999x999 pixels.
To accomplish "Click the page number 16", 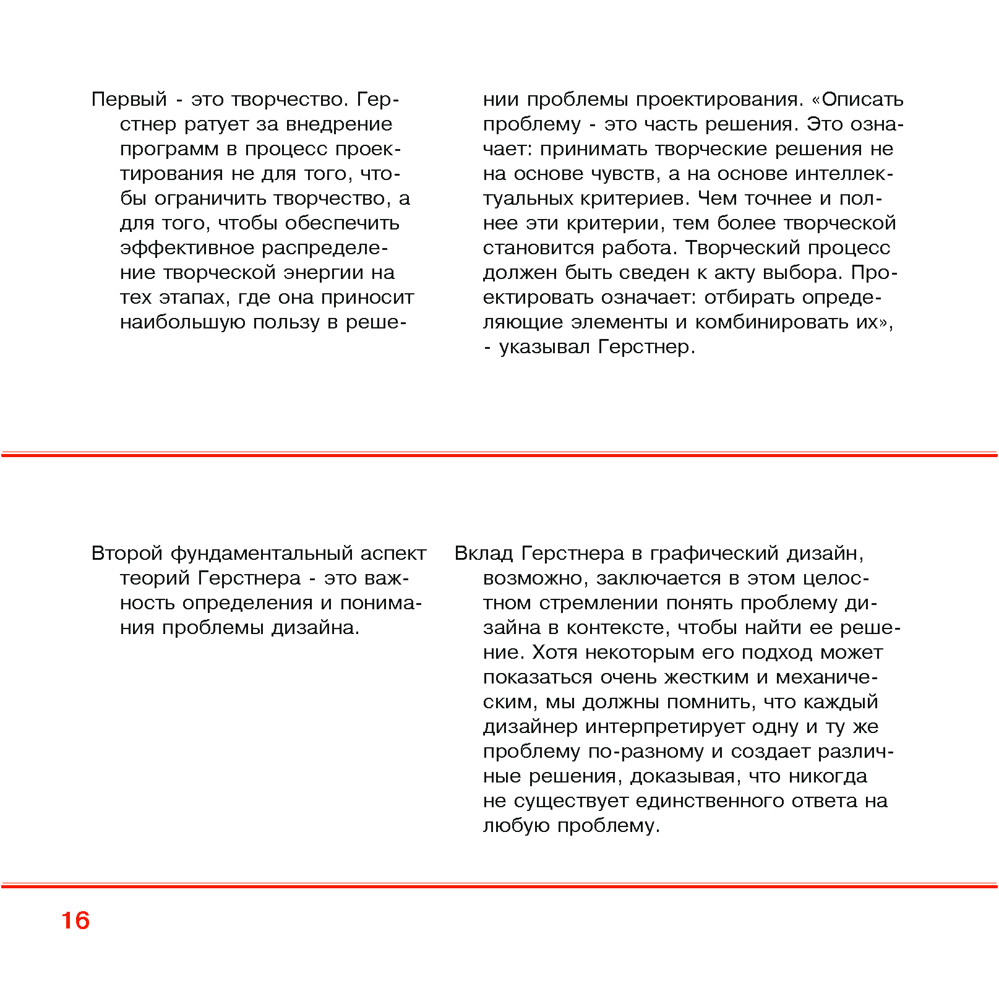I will [75, 920].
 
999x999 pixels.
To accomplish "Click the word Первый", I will [129, 100].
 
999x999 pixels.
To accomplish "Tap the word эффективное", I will [187, 248].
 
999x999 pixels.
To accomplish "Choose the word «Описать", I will [857, 100].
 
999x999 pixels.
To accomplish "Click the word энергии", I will [324, 273].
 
